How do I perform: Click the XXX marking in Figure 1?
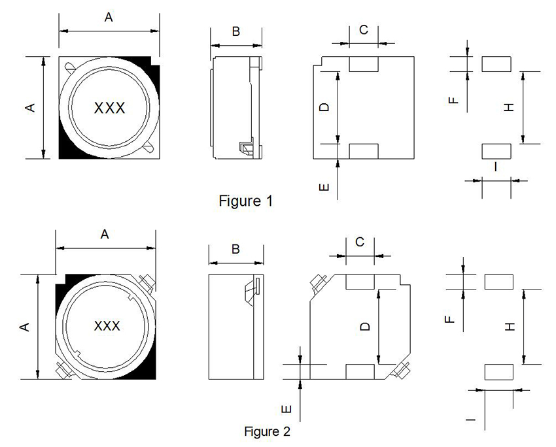pos(110,108)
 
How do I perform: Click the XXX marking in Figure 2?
pos(107,325)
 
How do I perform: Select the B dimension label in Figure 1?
pos(236,31)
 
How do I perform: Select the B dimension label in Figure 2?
pos(235,249)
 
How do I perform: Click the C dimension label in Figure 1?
pos(364,29)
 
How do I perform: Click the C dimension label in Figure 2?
pos(360,242)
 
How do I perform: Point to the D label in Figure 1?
pos(324,107)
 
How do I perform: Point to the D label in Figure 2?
pos(366,325)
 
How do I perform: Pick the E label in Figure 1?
pos(324,188)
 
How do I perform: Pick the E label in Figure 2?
pos(286,410)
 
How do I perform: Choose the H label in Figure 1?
pos(510,107)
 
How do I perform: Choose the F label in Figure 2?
pos(449,319)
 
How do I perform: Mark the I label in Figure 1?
pos(495,167)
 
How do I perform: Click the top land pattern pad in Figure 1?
pos(496,63)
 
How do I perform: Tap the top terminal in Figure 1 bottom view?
pos(364,64)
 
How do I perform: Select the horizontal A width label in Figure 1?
pos(109,18)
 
